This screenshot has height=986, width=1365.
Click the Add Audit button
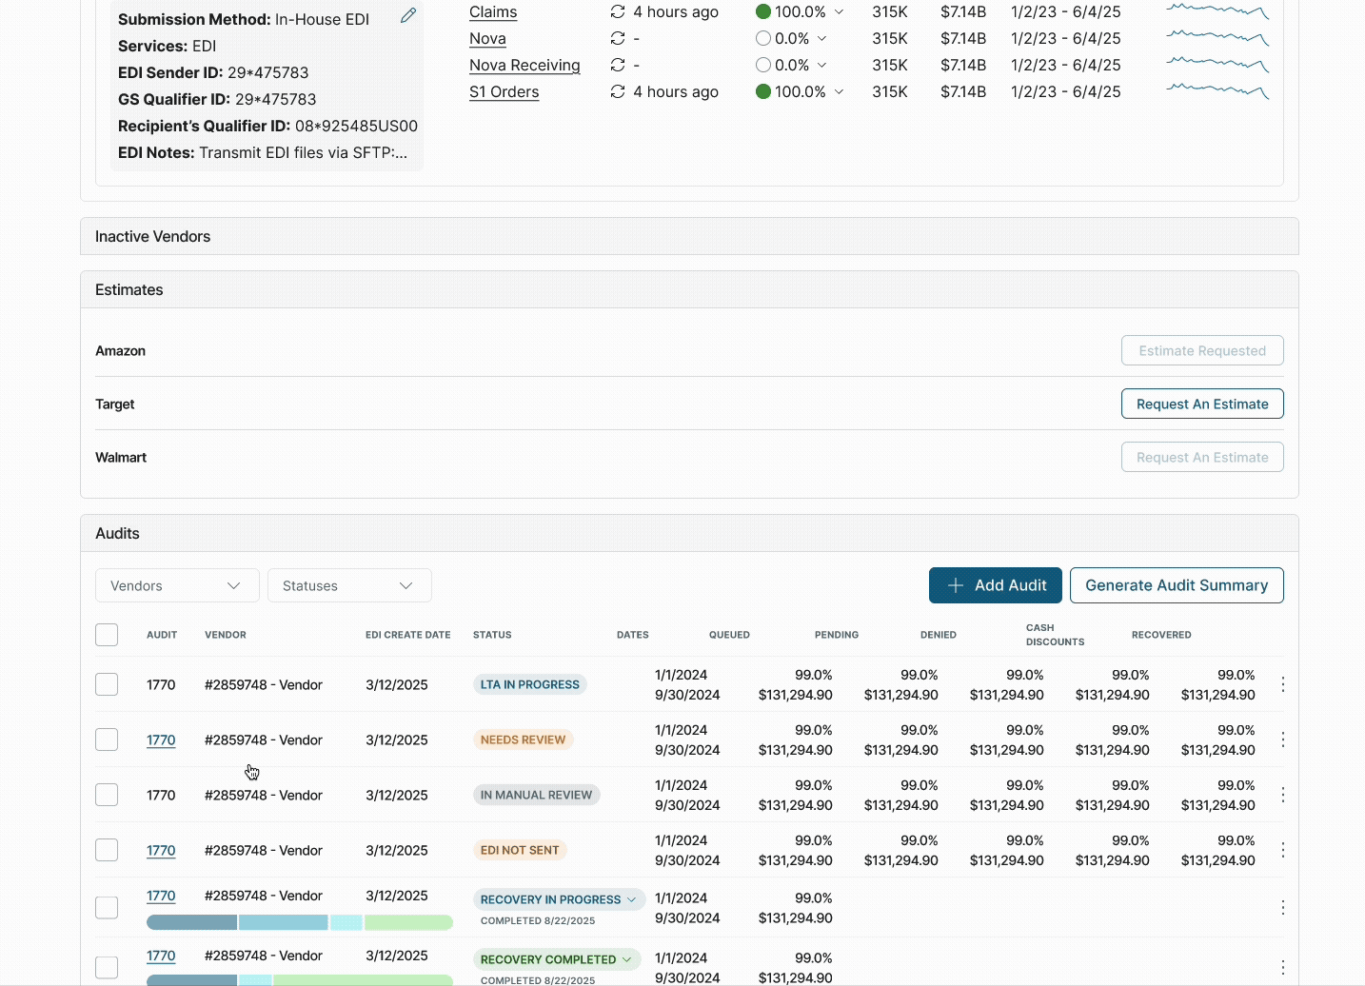click(996, 585)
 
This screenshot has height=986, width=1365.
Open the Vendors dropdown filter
click(177, 585)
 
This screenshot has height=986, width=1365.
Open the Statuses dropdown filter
click(349, 585)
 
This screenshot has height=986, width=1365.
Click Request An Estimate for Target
click(1201, 404)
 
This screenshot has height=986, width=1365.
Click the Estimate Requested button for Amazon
click(1201, 350)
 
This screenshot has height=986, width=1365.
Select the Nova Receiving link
click(524, 65)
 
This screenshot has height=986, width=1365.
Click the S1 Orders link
click(504, 91)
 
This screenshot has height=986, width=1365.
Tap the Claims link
click(493, 11)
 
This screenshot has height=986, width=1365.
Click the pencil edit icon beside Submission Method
click(408, 15)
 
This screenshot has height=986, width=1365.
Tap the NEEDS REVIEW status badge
click(523, 739)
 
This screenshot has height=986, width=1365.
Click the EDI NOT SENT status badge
click(520, 850)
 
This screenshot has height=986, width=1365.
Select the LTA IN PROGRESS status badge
click(529, 684)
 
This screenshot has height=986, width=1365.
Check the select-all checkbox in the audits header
click(107, 635)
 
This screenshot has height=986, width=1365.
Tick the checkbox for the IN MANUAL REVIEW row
click(107, 795)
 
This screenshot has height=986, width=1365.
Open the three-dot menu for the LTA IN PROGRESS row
click(1282, 684)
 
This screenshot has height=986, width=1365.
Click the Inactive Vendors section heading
click(153, 236)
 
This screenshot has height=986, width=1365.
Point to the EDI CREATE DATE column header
click(407, 635)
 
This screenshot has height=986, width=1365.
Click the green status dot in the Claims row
click(763, 11)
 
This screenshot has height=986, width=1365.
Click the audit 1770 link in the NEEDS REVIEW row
click(161, 739)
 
